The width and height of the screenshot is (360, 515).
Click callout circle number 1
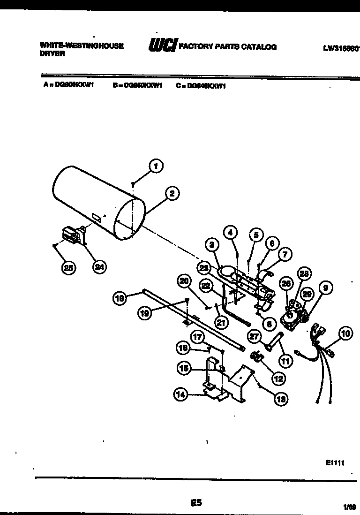point(156,165)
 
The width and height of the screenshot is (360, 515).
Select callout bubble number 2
point(172,193)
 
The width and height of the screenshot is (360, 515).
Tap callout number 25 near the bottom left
point(68,267)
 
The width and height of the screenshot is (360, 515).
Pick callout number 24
point(98,267)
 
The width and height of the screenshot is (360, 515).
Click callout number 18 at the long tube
point(121,298)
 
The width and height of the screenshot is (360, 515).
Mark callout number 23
point(203,269)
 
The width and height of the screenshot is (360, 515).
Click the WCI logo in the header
point(162,45)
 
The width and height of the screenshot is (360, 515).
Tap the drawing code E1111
point(335,462)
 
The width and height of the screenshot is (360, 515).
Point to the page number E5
point(196,503)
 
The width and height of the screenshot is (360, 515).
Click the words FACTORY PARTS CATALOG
point(228,46)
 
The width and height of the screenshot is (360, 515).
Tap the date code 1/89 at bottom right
point(350,507)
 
